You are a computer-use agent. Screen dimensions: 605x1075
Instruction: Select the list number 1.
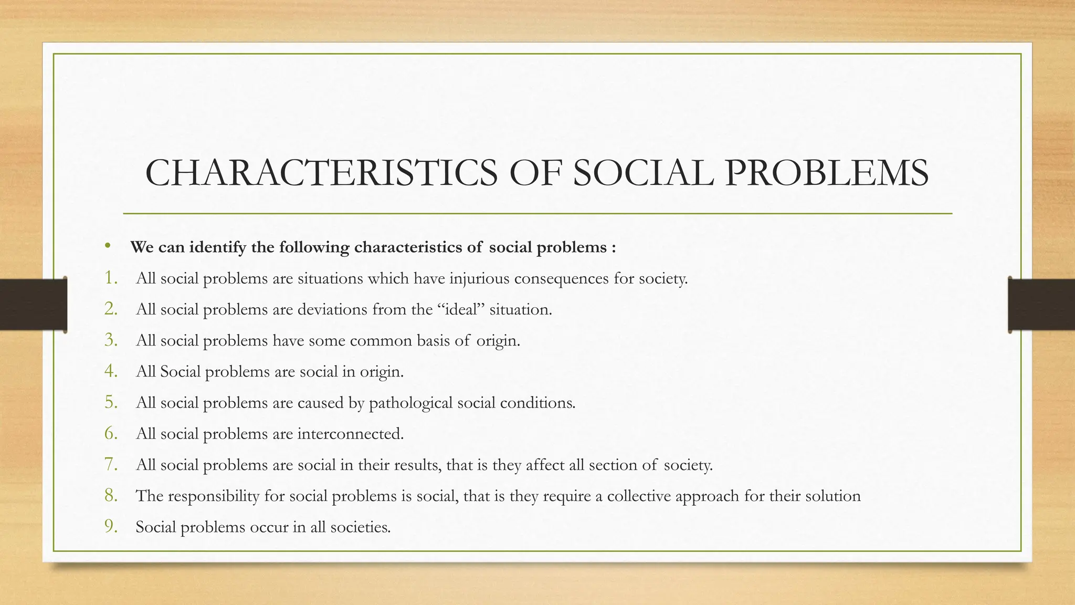[111, 277]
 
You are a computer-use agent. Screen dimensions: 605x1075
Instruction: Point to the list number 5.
[111, 402]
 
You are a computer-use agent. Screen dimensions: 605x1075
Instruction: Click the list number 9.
[111, 526]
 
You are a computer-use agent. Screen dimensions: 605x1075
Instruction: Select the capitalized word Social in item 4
[180, 372]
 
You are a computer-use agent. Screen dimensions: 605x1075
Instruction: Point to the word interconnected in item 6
[350, 434]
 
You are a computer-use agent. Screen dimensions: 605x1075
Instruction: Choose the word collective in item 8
[638, 496]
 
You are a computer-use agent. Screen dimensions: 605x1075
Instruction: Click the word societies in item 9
[360, 527]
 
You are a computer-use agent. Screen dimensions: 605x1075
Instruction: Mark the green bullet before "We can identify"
[108, 245]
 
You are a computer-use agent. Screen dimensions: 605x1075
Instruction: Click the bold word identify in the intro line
[217, 247]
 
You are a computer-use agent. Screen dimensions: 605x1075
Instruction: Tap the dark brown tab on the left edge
[33, 305]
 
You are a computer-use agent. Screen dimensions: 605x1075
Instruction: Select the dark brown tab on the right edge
[1041, 305]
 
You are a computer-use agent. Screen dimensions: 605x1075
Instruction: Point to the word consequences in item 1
[562, 278]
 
